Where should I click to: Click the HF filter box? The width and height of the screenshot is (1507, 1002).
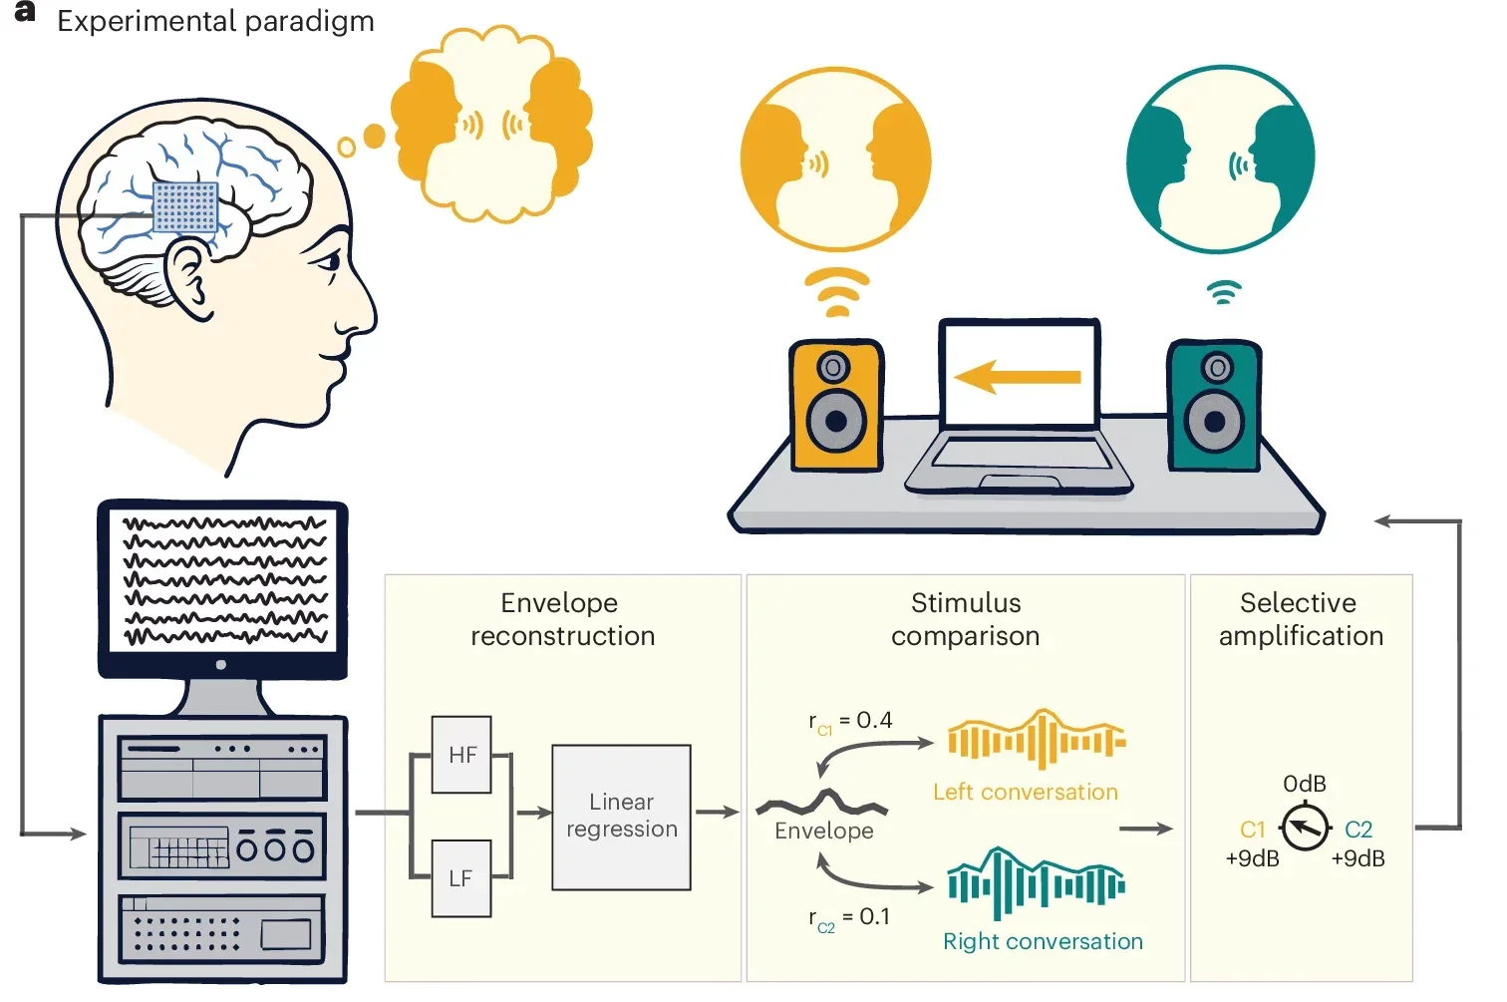click(461, 755)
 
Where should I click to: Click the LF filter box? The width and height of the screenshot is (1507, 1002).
click(461, 878)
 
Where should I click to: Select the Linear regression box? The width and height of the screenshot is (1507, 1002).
click(622, 817)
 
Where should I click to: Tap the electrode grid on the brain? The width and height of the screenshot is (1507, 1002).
click(185, 206)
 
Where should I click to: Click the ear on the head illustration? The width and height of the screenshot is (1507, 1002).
click(187, 279)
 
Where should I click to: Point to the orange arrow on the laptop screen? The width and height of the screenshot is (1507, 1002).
click(1018, 376)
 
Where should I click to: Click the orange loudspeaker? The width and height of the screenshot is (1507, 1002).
click(836, 406)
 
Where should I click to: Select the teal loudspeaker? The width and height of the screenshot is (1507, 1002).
click(1214, 406)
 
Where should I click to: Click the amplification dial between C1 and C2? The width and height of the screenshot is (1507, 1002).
click(1306, 828)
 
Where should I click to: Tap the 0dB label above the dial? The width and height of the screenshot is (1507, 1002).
click(1305, 784)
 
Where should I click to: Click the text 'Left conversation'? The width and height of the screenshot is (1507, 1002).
click(1026, 792)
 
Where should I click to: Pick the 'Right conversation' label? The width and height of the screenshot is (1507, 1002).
click(1043, 941)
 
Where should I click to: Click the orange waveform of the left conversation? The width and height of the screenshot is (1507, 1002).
click(1037, 740)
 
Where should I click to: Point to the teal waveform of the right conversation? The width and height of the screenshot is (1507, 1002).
click(1037, 883)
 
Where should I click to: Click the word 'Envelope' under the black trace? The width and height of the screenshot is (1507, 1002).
click(824, 832)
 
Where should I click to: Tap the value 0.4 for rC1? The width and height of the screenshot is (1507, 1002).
click(874, 720)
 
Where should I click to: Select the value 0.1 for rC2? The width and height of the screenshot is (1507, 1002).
click(874, 916)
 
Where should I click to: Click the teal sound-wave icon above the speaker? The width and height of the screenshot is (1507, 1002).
click(1224, 292)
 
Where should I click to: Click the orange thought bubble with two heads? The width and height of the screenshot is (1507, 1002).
click(491, 125)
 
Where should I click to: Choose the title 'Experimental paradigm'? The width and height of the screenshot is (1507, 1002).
click(215, 21)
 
